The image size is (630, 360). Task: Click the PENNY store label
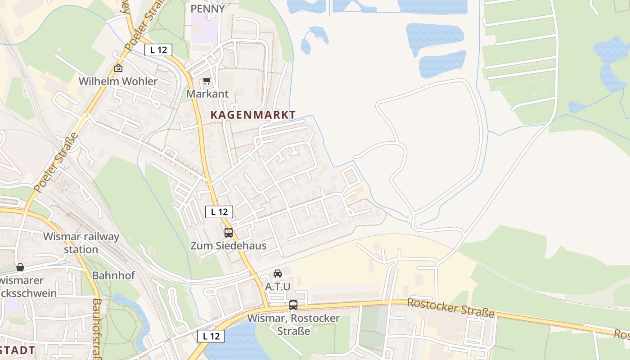click(x=207, y=9)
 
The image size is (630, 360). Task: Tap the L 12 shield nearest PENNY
click(x=158, y=50)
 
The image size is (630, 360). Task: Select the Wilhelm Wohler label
click(x=118, y=81)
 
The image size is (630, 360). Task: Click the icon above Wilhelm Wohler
click(x=118, y=68)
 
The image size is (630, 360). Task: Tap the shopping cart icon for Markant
click(x=207, y=81)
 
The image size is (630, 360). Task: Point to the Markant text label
click(x=207, y=94)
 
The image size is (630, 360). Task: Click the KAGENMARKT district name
click(x=253, y=115)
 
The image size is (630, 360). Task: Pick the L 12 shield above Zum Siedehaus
click(x=219, y=211)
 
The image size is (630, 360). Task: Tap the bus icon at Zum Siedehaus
click(x=229, y=233)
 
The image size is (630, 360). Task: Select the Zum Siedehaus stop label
click(x=228, y=246)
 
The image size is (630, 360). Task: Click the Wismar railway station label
click(x=81, y=243)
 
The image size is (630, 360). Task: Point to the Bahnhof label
click(x=113, y=275)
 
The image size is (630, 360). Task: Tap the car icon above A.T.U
click(x=278, y=273)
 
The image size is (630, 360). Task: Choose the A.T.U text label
click(x=278, y=286)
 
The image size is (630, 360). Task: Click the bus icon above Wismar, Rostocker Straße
click(x=293, y=305)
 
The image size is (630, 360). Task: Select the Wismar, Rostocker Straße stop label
click(x=293, y=324)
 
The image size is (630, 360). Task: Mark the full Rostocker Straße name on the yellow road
click(x=450, y=308)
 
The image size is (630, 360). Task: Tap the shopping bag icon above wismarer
click(x=20, y=267)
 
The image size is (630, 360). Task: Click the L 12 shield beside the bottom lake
click(x=211, y=336)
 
